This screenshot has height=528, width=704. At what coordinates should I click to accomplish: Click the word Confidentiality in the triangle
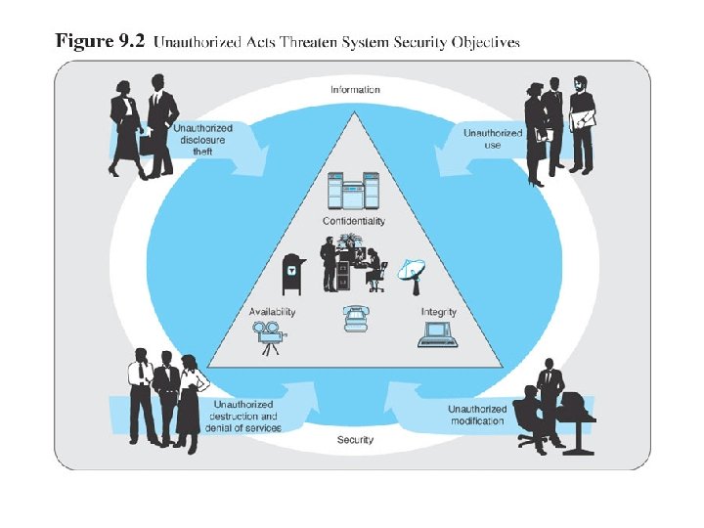tap(354, 221)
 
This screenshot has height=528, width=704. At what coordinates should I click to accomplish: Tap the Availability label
tap(273, 312)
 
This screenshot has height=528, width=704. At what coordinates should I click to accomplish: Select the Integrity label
tap(439, 312)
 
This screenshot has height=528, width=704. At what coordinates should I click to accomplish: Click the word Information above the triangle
tap(355, 90)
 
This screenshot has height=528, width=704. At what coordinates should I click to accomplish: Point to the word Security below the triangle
tap(355, 440)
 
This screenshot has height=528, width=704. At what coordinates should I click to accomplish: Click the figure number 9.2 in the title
tap(130, 41)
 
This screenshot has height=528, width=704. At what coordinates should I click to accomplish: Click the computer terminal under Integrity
tap(436, 333)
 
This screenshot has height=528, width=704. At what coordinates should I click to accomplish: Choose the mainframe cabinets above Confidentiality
tap(355, 192)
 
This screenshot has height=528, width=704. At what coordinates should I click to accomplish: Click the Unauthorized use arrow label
tap(492, 139)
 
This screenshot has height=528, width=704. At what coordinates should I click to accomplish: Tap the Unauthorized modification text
tap(477, 415)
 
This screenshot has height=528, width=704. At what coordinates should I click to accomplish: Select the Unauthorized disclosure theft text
tap(202, 139)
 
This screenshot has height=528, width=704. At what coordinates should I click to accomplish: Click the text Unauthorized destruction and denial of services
tap(244, 416)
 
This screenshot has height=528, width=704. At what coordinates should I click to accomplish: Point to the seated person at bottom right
tap(533, 416)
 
